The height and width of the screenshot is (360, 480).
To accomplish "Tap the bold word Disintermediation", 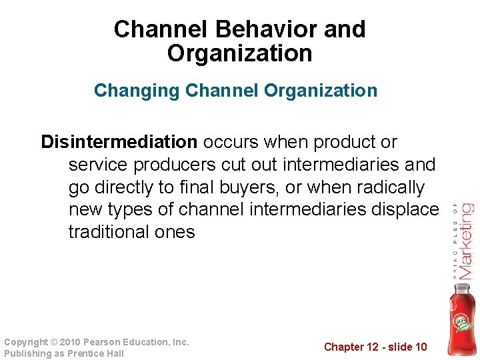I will point(119,142).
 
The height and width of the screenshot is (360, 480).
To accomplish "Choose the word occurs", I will point(231,142).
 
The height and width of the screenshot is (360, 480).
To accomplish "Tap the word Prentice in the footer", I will point(87,353).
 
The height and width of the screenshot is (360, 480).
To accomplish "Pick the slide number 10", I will point(421,347).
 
